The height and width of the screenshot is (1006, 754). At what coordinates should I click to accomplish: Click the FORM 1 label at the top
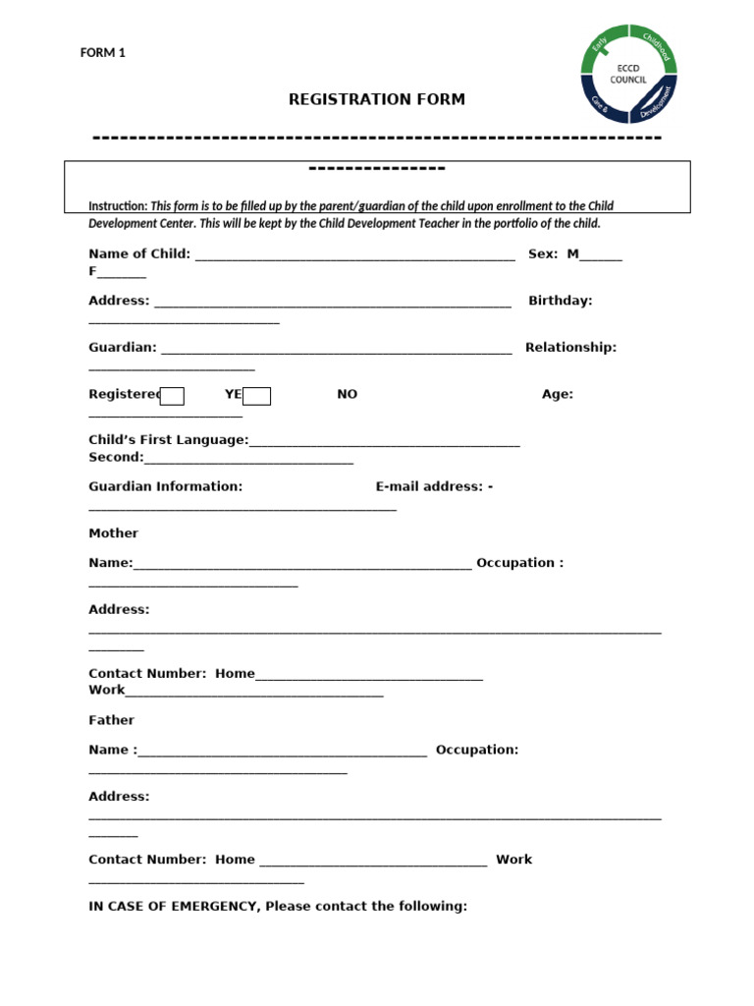click(102, 53)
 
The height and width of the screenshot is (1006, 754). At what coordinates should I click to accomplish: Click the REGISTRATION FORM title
click(376, 99)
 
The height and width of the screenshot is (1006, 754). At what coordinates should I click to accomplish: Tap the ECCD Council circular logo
click(628, 74)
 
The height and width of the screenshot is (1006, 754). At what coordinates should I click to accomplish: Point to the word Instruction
click(118, 206)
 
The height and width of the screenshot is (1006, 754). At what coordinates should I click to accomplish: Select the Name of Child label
click(139, 253)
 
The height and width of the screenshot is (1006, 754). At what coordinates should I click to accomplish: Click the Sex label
click(543, 253)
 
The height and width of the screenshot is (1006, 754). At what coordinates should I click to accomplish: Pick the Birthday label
click(560, 301)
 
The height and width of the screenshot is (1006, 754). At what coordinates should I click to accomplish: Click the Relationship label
click(570, 347)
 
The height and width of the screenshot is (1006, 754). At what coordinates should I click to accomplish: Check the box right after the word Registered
click(172, 396)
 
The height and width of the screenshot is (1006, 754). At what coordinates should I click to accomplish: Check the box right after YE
click(257, 396)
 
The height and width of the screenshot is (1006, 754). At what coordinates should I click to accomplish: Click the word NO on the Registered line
click(348, 394)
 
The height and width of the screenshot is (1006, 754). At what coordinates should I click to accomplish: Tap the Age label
click(558, 394)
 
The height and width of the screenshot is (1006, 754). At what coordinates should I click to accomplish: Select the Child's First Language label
click(168, 441)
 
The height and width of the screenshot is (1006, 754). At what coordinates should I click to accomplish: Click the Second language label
click(116, 457)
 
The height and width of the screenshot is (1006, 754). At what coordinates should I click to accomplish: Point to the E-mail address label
click(430, 486)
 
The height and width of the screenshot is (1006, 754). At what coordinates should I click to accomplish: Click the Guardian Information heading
click(165, 486)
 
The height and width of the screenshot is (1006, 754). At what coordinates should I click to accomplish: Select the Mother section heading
click(113, 533)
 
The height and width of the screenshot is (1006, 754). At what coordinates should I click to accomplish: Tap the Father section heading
click(111, 720)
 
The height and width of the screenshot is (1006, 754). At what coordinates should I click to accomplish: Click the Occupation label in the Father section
click(477, 750)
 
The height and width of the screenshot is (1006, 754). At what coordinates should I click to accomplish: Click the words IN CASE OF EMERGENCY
click(173, 906)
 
